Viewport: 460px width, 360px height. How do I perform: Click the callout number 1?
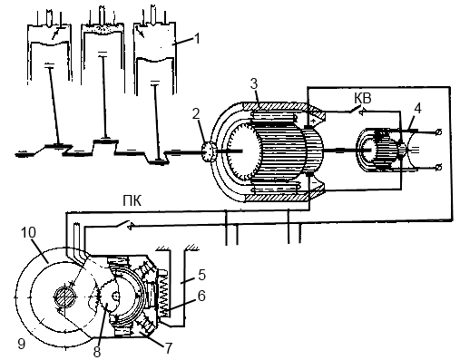click(197, 38)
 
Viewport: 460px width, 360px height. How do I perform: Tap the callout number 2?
click(196, 114)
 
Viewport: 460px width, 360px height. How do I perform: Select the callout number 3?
click(254, 84)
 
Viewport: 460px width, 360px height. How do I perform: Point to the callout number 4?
click(417, 109)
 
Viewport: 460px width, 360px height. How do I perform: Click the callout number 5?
click(201, 275)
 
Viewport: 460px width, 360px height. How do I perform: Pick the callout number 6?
click(201, 296)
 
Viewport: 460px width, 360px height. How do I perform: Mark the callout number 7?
click(168, 348)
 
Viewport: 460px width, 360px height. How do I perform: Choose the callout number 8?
click(97, 352)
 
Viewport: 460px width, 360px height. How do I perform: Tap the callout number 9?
click(22, 344)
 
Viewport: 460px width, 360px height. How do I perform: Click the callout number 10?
click(28, 232)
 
